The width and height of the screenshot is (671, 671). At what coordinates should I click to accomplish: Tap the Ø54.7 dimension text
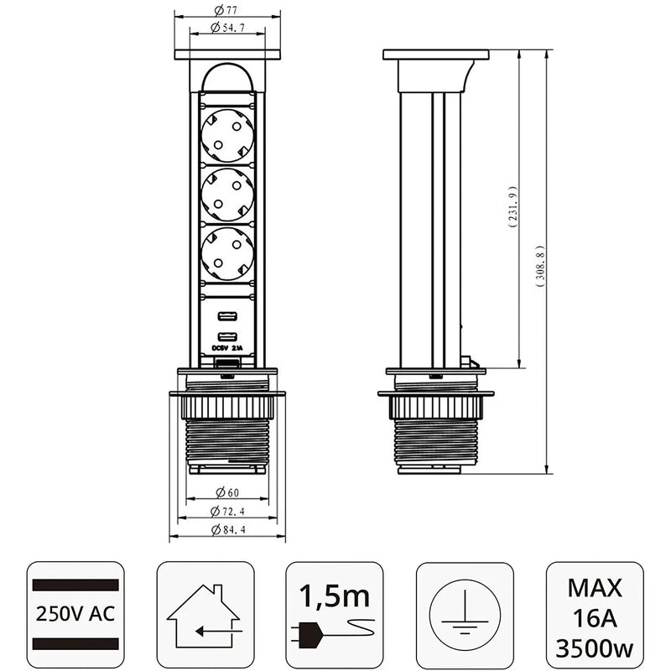pyautogui.click(x=226, y=29)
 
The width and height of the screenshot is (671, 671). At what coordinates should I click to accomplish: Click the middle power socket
pyautogui.click(x=226, y=192)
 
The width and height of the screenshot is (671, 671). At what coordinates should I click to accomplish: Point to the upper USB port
pyautogui.click(x=226, y=317)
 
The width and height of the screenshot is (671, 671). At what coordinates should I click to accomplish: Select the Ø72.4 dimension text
pyautogui.click(x=226, y=512)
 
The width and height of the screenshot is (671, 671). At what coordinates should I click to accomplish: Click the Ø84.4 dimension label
pyautogui.click(x=226, y=530)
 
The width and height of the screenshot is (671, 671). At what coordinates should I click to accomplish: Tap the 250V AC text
pyautogui.click(x=75, y=612)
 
